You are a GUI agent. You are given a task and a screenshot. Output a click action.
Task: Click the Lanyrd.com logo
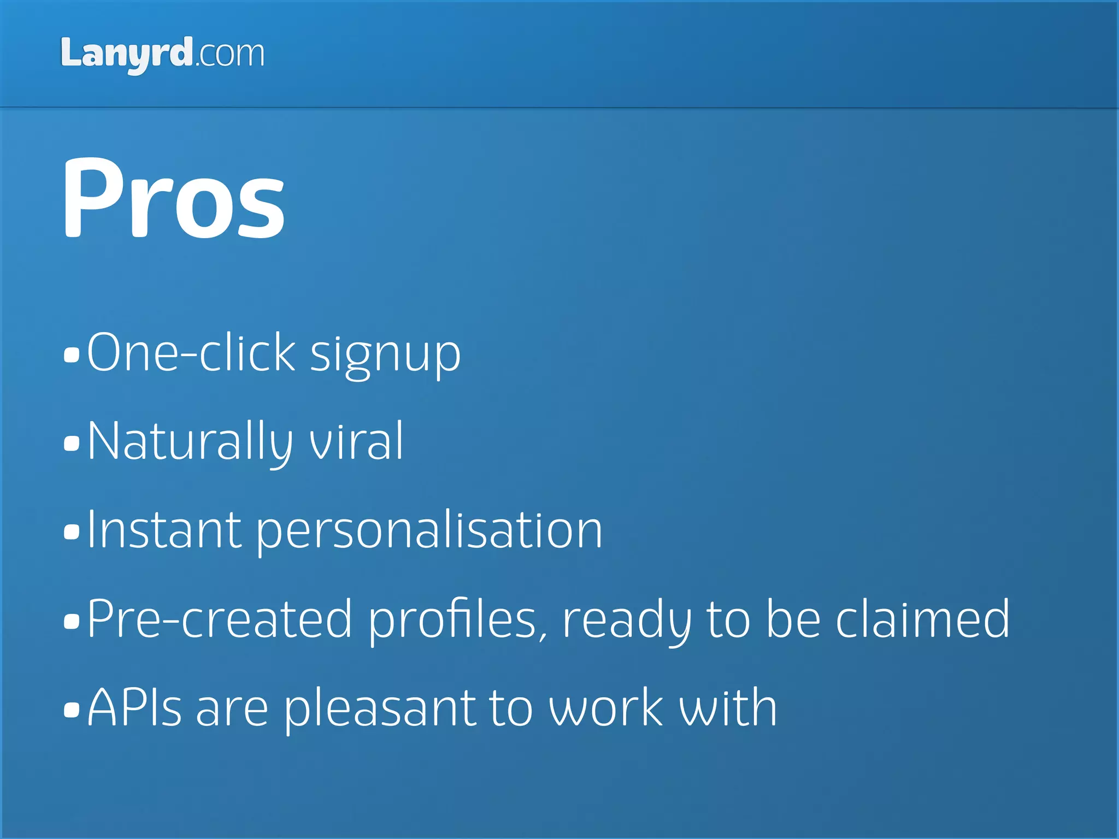coord(162,54)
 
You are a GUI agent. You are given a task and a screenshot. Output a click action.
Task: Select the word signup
coord(385,354)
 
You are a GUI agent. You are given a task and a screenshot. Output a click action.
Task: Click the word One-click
coord(191,352)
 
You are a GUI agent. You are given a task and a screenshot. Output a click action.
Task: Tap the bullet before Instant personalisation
coord(72,531)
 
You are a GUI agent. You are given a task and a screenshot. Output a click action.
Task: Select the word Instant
coord(164,530)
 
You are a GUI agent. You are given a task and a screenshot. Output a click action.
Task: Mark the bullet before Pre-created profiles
coord(72,621)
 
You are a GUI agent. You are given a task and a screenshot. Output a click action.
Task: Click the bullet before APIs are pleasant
coord(72,710)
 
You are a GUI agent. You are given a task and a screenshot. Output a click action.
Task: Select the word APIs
coord(134,708)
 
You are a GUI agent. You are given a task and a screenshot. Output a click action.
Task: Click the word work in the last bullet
coord(606,708)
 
